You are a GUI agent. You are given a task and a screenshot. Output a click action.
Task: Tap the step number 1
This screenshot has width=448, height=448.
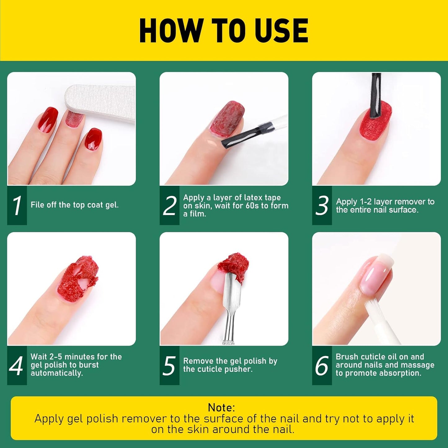(17, 205)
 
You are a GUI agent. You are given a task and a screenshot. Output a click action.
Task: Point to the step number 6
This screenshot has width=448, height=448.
(322, 366)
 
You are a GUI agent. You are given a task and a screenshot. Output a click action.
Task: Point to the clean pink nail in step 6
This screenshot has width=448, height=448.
(375, 273)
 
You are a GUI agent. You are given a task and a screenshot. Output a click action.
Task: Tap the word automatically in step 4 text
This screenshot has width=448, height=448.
(56, 373)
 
